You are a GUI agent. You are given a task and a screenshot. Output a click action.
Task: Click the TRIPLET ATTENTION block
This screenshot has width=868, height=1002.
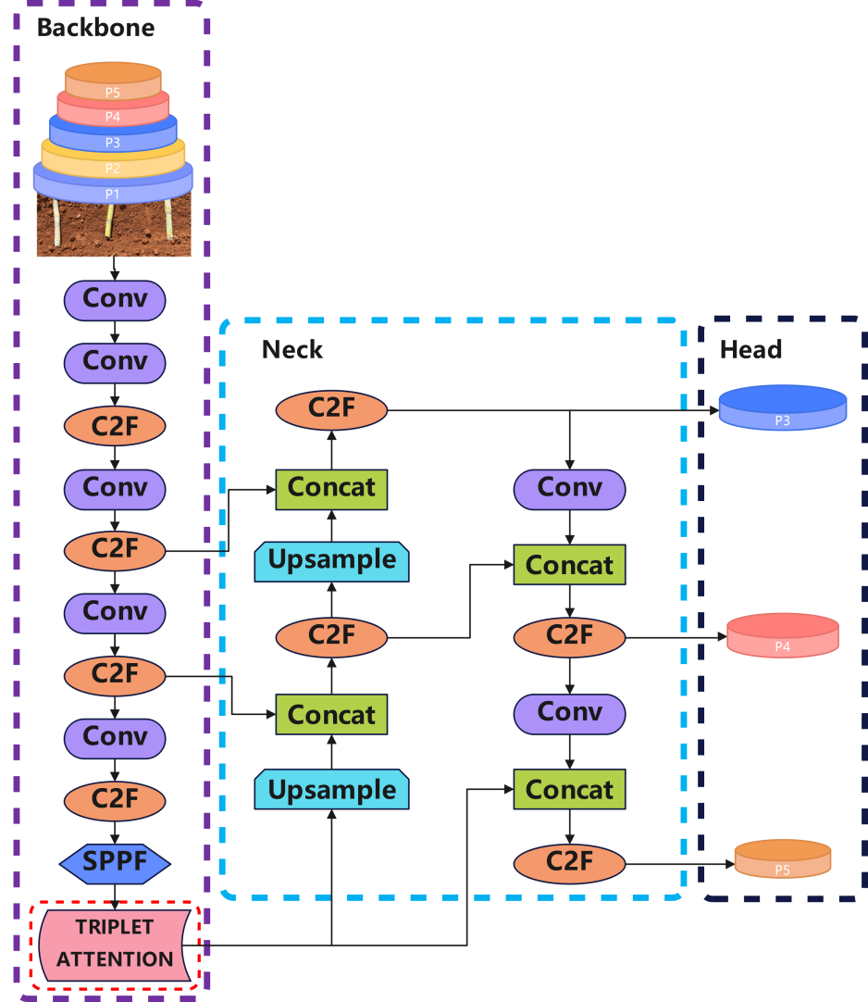coord(115,945)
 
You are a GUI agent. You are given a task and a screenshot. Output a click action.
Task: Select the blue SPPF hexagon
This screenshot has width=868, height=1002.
coord(115,863)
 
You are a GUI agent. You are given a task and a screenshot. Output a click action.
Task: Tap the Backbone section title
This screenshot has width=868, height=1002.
coord(96,28)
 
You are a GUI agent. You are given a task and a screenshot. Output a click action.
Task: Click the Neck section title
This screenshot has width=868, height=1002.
coord(291,349)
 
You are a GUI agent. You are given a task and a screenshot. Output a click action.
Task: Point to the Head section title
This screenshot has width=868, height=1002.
coord(750,349)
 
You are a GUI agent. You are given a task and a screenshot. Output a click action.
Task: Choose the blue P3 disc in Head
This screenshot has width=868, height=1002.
coord(783,407)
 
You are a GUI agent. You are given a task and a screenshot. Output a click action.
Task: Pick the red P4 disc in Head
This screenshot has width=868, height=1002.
coord(783,635)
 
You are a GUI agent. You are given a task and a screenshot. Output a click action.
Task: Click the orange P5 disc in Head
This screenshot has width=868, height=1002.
coord(783,858)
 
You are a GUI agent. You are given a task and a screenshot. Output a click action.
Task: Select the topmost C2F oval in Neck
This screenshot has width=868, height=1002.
coord(331,409)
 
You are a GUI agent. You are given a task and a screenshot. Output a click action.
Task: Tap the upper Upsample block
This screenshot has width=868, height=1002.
coord(331,562)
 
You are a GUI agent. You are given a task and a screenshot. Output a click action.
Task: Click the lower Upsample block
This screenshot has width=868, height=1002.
coord(331,789)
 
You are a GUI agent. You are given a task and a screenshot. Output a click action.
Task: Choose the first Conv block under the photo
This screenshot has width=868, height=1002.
coord(115,300)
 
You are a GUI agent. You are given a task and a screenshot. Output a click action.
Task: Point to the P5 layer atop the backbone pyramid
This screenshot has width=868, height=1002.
coord(113,80)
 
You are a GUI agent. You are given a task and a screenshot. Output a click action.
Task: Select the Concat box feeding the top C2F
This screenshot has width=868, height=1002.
coord(331,490)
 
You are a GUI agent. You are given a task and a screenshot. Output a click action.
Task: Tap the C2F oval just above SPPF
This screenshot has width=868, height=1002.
coord(115,801)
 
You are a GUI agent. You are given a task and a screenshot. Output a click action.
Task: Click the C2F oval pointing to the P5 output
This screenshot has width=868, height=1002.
coord(570,863)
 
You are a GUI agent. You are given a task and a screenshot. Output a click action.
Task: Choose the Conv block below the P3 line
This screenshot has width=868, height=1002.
coord(570,490)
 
